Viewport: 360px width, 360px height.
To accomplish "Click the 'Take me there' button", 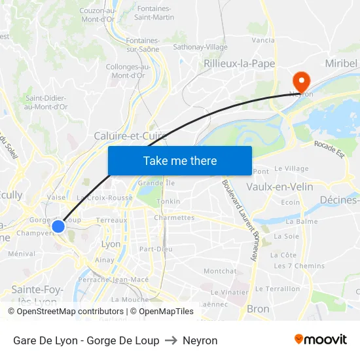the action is click(180, 160).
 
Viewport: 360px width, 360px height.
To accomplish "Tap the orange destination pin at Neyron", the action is click(301, 81).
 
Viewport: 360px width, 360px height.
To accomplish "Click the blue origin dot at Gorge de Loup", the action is click(58, 226).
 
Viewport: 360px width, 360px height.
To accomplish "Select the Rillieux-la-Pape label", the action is click(239, 63).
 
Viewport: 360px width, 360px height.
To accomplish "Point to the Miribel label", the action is click(342, 63).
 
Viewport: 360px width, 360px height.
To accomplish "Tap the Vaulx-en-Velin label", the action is click(279, 187).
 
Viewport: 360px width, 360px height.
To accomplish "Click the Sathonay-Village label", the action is click(200, 47).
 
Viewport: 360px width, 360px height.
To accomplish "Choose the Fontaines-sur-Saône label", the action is click(143, 45).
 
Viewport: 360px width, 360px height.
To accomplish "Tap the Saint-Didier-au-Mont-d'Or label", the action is click(46, 102).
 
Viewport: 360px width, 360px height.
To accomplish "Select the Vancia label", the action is click(262, 40).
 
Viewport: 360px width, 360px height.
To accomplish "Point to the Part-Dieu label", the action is click(156, 249).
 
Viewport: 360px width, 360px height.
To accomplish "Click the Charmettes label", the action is click(174, 218).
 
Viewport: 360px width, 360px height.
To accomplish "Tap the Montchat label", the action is click(220, 271).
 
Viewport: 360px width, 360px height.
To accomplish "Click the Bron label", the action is click(258, 309).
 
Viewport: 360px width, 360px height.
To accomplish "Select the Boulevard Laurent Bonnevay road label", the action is click(238, 220).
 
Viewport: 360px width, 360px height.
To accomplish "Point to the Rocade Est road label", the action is click(329, 149).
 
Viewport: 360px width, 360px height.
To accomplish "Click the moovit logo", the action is click(321, 340).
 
